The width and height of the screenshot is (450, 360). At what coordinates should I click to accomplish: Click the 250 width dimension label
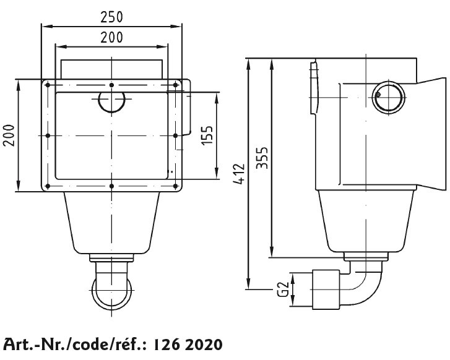pos(111,17)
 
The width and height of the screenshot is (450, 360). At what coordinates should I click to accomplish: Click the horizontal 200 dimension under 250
pos(111,38)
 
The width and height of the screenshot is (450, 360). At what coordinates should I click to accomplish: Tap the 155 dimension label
pos(207,135)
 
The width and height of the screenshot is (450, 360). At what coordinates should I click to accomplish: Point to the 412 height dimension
pos(239,174)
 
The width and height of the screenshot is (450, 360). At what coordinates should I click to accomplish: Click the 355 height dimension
pos(262,158)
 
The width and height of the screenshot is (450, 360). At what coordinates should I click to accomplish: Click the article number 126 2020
pos(188,345)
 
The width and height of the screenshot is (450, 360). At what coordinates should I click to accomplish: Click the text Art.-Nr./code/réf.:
pos(76,344)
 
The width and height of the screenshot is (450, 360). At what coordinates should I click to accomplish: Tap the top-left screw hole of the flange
pos(48,85)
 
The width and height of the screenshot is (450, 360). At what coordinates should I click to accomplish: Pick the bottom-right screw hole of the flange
pos(176,186)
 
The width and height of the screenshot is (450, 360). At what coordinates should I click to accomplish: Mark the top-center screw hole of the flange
pos(111,85)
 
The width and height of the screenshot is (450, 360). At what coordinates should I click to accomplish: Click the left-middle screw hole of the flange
pos(48,135)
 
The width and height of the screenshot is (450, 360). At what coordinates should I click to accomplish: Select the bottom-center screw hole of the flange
pos(111,186)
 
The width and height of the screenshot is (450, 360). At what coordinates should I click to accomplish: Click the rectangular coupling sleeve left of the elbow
pos(326,289)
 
